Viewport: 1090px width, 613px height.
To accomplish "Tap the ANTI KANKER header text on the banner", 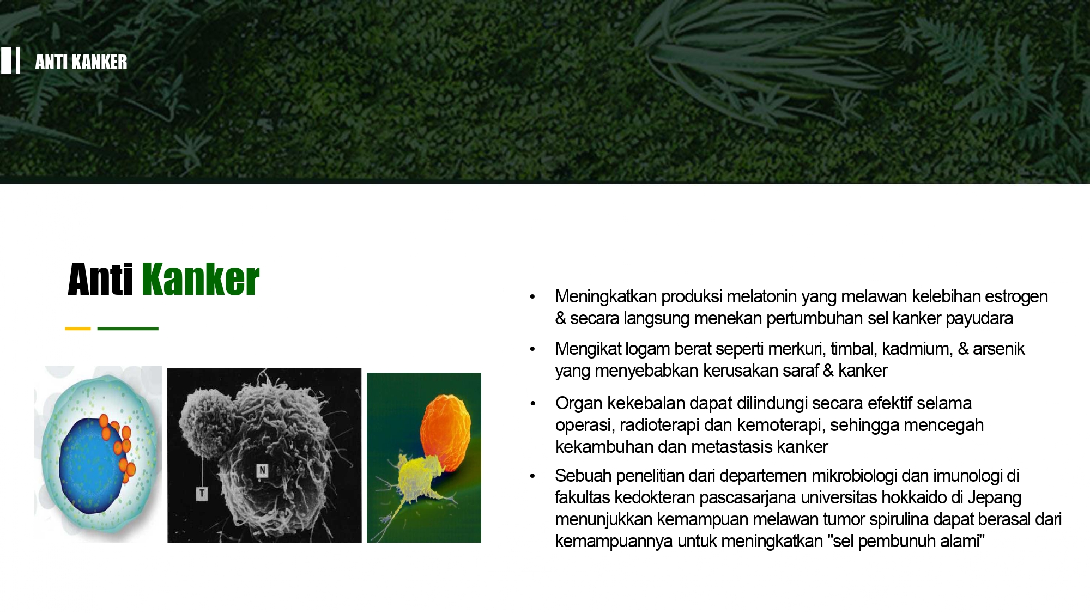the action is [x=81, y=62].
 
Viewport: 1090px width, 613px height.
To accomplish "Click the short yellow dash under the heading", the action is [x=78, y=329].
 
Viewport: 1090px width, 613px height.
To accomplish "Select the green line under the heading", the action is [x=128, y=329].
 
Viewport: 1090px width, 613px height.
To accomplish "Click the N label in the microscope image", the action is [x=262, y=470].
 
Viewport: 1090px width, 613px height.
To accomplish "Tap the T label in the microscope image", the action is [x=202, y=494].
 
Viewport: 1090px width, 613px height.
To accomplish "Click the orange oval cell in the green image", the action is [x=445, y=433].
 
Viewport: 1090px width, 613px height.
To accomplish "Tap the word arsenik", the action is [x=999, y=349].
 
